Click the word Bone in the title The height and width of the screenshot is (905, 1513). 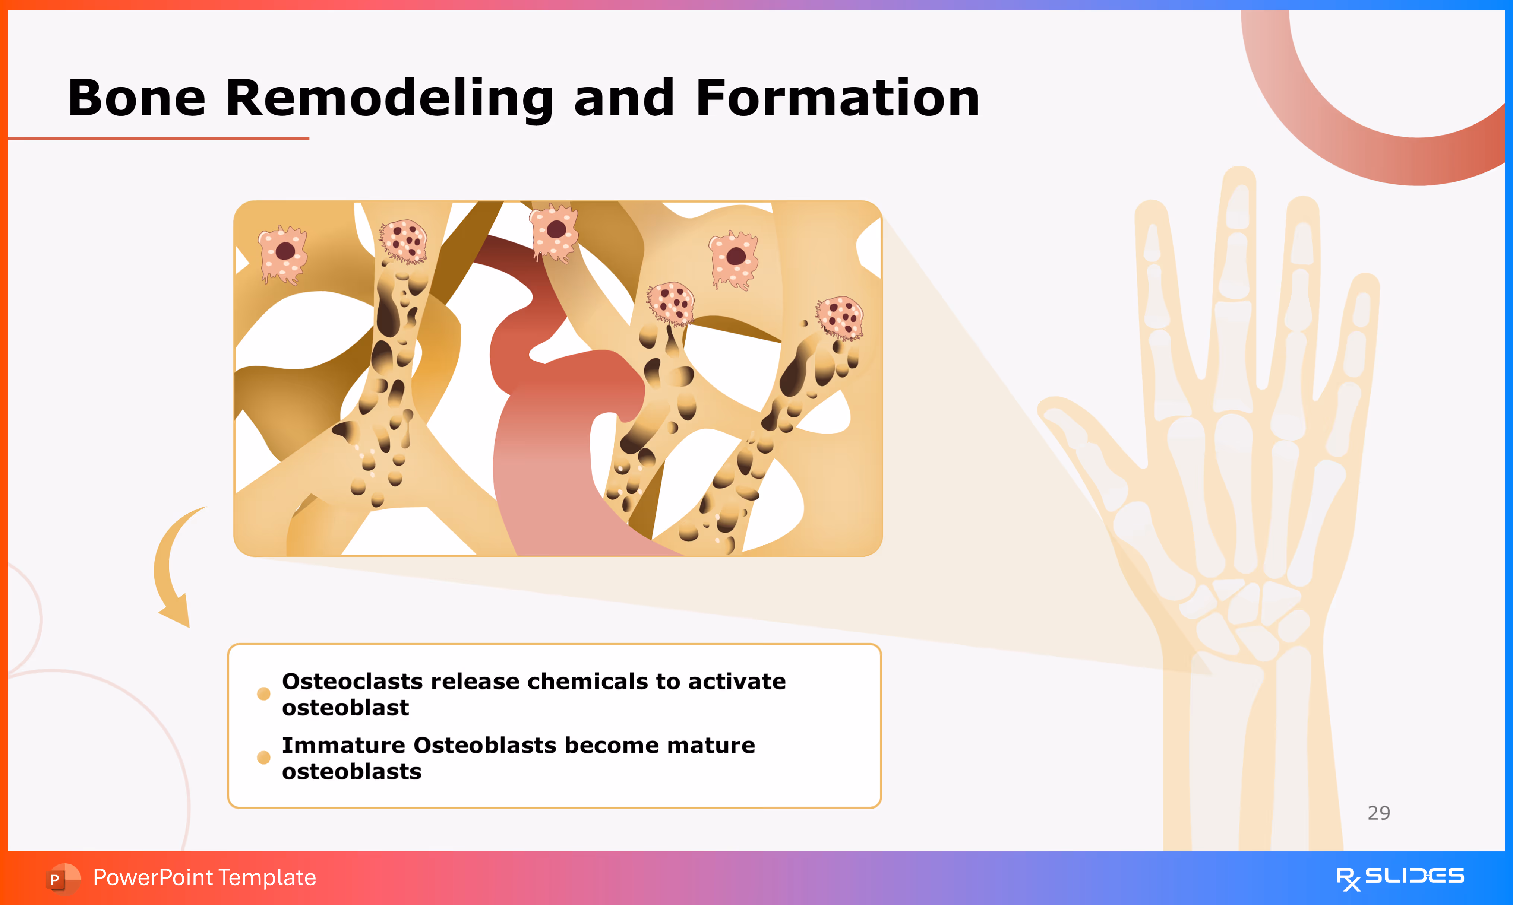[x=137, y=98]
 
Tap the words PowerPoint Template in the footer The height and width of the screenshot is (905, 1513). [x=204, y=877]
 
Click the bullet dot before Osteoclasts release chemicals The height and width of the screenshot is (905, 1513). [x=263, y=693]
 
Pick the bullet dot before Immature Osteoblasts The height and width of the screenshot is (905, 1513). [x=263, y=758]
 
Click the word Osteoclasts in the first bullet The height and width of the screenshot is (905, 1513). [x=352, y=681]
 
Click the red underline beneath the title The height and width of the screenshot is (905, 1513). [x=159, y=139]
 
